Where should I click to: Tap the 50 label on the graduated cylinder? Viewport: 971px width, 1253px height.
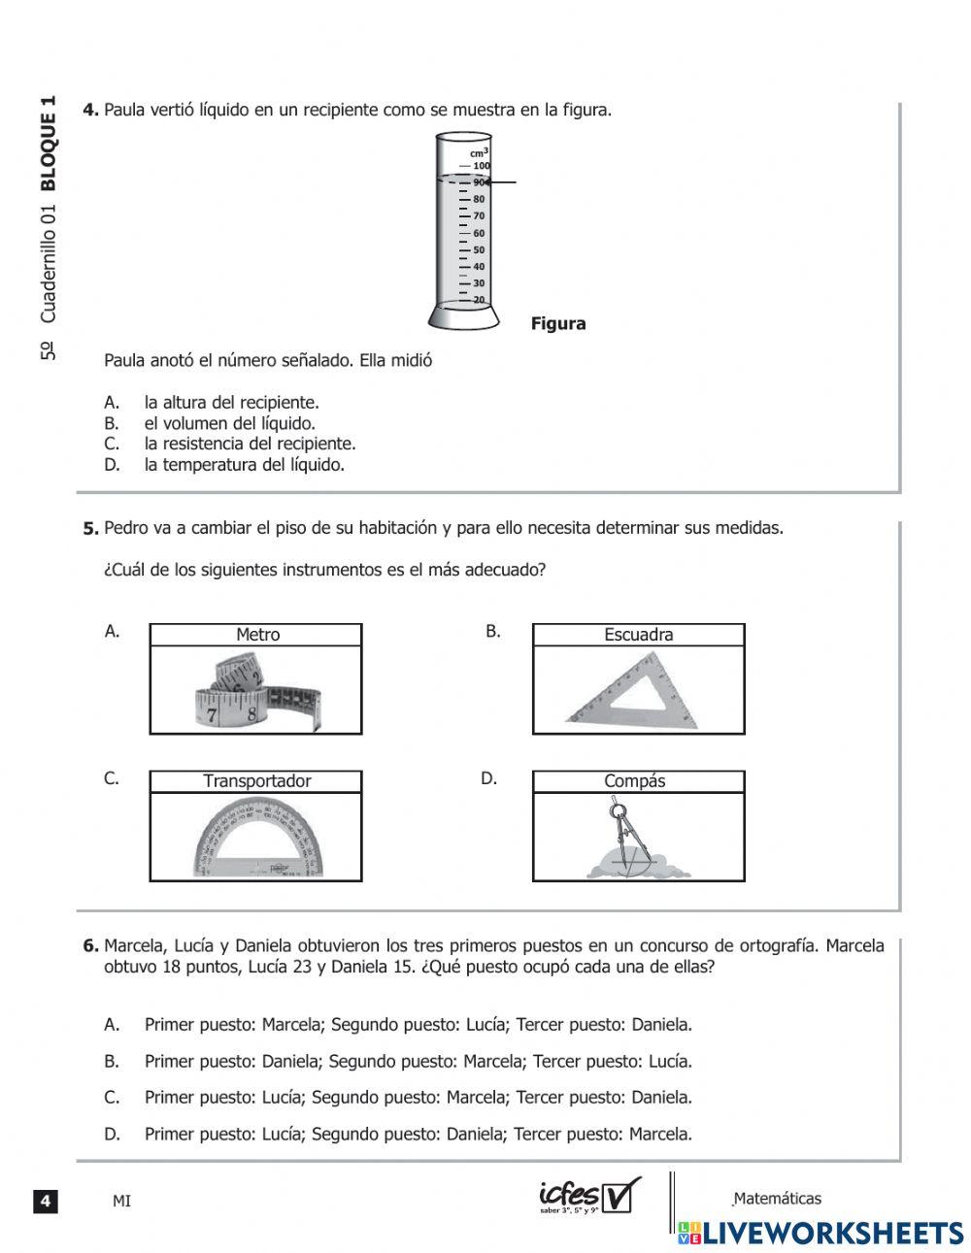[x=479, y=249]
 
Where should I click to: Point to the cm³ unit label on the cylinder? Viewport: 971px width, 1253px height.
[x=479, y=152]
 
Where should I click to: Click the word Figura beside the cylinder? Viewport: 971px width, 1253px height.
[x=558, y=324]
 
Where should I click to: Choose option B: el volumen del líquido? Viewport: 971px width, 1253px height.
[x=230, y=423]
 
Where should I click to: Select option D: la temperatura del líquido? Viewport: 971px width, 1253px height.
[x=244, y=465]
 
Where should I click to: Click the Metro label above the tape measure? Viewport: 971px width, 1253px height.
[x=257, y=635]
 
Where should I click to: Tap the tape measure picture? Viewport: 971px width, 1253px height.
[x=256, y=692]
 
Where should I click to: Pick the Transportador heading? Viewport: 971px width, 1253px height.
[x=257, y=781]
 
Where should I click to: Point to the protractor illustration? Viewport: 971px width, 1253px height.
[x=256, y=837]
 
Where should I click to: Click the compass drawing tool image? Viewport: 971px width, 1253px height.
[x=621, y=839]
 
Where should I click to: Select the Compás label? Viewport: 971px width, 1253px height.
[x=635, y=781]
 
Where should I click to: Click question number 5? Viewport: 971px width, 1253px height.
[x=90, y=529]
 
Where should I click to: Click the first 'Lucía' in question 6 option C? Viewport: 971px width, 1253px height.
[x=284, y=1098]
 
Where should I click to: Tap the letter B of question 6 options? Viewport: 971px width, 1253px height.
[x=112, y=1062]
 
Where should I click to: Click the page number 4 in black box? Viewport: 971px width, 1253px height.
[x=46, y=1202]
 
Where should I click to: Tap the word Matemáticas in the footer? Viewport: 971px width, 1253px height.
[x=779, y=1199]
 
